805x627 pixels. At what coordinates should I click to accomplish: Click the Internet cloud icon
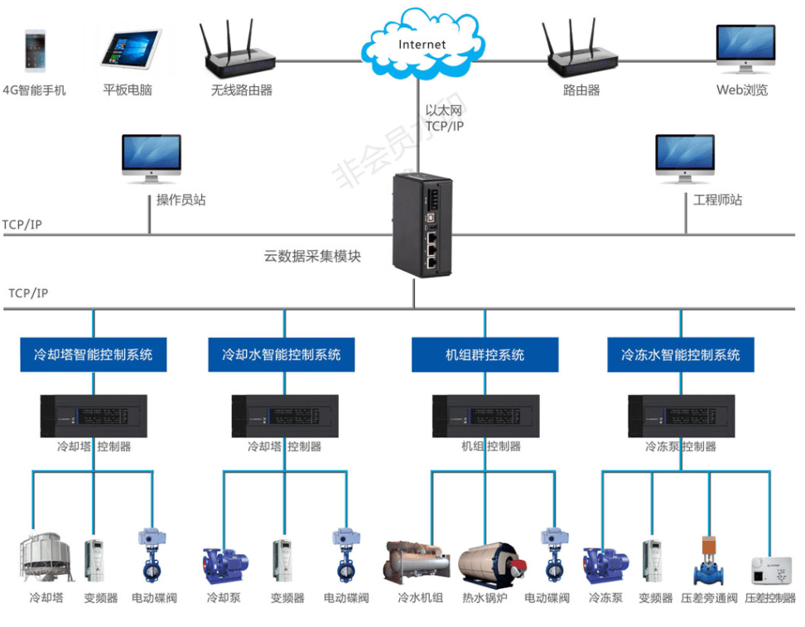[422, 43]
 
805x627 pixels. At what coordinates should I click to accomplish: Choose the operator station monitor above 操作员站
[151, 158]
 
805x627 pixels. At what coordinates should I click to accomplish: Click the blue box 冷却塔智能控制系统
[93, 354]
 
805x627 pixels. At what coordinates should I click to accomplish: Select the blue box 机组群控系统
[484, 354]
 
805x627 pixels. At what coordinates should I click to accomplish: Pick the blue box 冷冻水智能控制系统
[681, 354]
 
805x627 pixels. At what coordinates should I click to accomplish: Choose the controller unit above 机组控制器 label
[485, 416]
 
